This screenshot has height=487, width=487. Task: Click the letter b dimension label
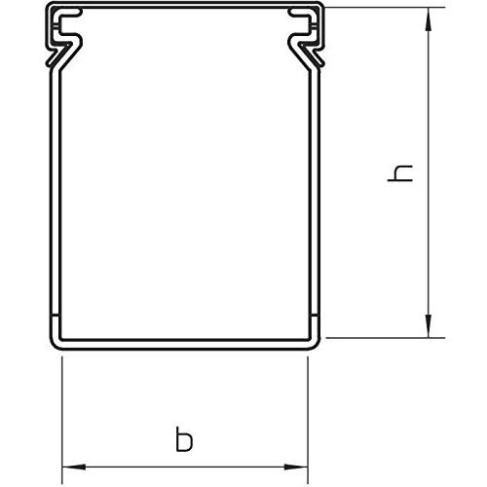point(184,439)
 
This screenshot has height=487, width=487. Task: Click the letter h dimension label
point(400,173)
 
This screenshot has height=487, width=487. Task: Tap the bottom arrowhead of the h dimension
point(429,326)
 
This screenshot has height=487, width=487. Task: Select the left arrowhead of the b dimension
point(74,467)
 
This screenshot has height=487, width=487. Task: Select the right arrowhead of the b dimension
point(296,467)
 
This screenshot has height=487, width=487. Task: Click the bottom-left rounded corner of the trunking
point(56,344)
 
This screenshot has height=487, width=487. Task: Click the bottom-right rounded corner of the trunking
point(315,344)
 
